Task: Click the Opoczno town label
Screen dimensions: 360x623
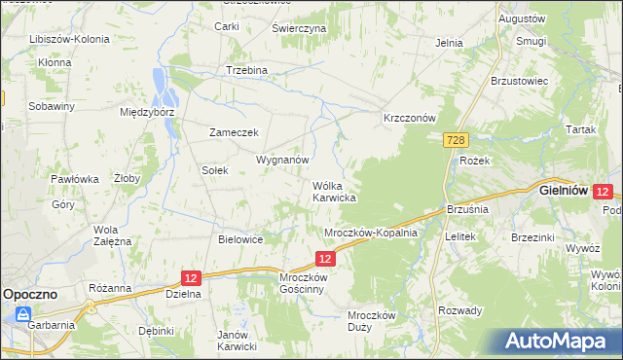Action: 31,292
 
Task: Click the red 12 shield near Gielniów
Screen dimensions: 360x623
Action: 603,193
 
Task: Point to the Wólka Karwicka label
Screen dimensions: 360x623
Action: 333,191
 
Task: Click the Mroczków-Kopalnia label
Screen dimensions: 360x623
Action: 370,234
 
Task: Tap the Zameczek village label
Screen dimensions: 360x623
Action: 232,132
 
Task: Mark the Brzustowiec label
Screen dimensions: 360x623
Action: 521,81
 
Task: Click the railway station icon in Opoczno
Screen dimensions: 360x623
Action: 21,313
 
